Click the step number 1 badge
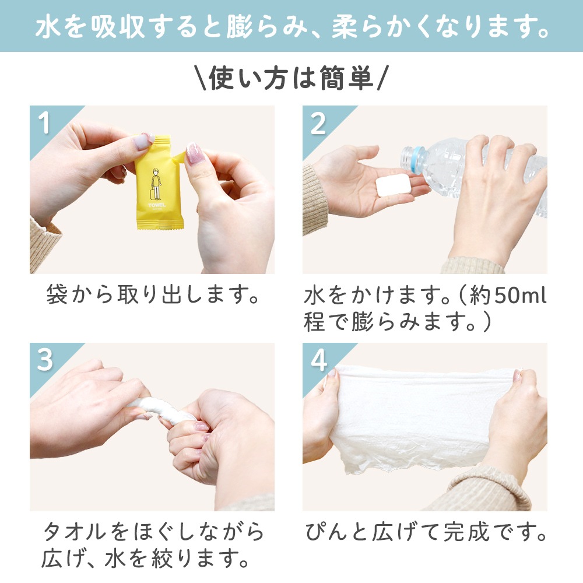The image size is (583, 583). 44,124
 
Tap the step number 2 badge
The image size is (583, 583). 318,124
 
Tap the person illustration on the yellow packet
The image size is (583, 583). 156,184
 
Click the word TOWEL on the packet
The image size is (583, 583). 157,205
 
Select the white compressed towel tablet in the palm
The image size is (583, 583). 394,185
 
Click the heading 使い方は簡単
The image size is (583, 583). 291,78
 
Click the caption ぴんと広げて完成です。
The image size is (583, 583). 426,532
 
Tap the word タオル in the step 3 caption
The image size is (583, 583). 75,532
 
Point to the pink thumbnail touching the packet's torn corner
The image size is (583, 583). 195,153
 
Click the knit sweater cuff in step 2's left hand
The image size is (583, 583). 315,201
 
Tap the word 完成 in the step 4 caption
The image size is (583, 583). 466,532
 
